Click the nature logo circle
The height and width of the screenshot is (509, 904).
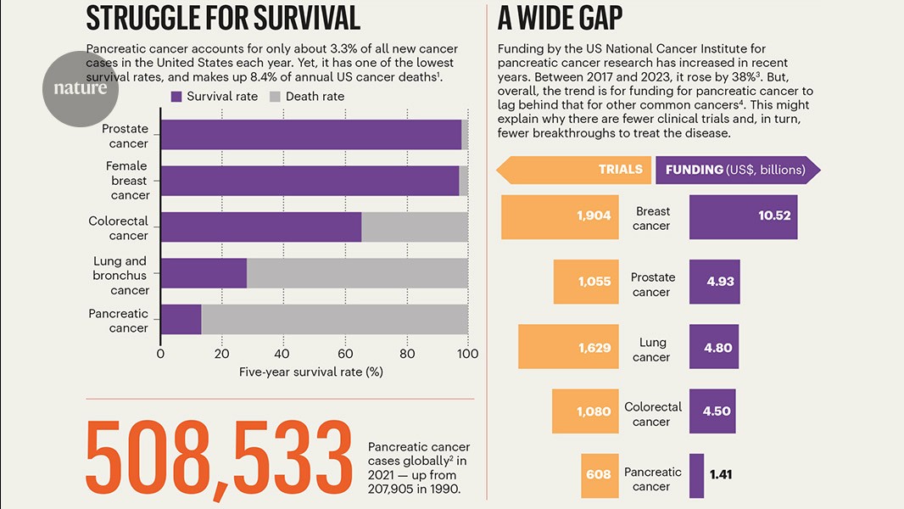(x=81, y=88)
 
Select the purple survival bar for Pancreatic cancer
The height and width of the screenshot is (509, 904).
(x=181, y=319)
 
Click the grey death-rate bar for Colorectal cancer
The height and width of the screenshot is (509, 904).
(x=414, y=227)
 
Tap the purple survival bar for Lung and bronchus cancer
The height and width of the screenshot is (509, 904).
(x=204, y=273)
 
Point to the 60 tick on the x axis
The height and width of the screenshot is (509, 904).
(x=345, y=354)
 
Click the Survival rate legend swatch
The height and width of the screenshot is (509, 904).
(x=176, y=97)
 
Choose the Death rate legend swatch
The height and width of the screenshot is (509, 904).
(x=275, y=97)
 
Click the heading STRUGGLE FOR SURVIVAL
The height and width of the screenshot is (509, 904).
(x=223, y=17)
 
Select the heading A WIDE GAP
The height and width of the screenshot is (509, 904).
(x=561, y=17)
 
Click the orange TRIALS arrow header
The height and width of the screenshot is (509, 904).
(x=574, y=170)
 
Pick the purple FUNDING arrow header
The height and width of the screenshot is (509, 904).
(x=737, y=170)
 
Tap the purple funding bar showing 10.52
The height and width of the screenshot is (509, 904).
(x=743, y=216)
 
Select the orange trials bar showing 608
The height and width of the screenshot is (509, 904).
(x=598, y=475)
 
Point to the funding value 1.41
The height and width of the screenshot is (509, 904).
(x=721, y=475)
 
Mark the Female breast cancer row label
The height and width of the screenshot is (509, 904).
(x=127, y=181)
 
